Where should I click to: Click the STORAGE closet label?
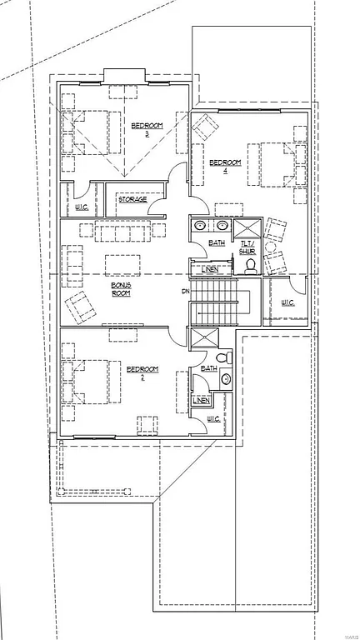coord(132,199)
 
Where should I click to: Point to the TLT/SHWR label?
coord(247,247)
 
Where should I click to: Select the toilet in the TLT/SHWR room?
coord(249,266)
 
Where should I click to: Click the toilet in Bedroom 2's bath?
coord(226,379)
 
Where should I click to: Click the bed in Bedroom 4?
coord(276,164)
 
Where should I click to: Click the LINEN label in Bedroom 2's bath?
coord(201,401)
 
